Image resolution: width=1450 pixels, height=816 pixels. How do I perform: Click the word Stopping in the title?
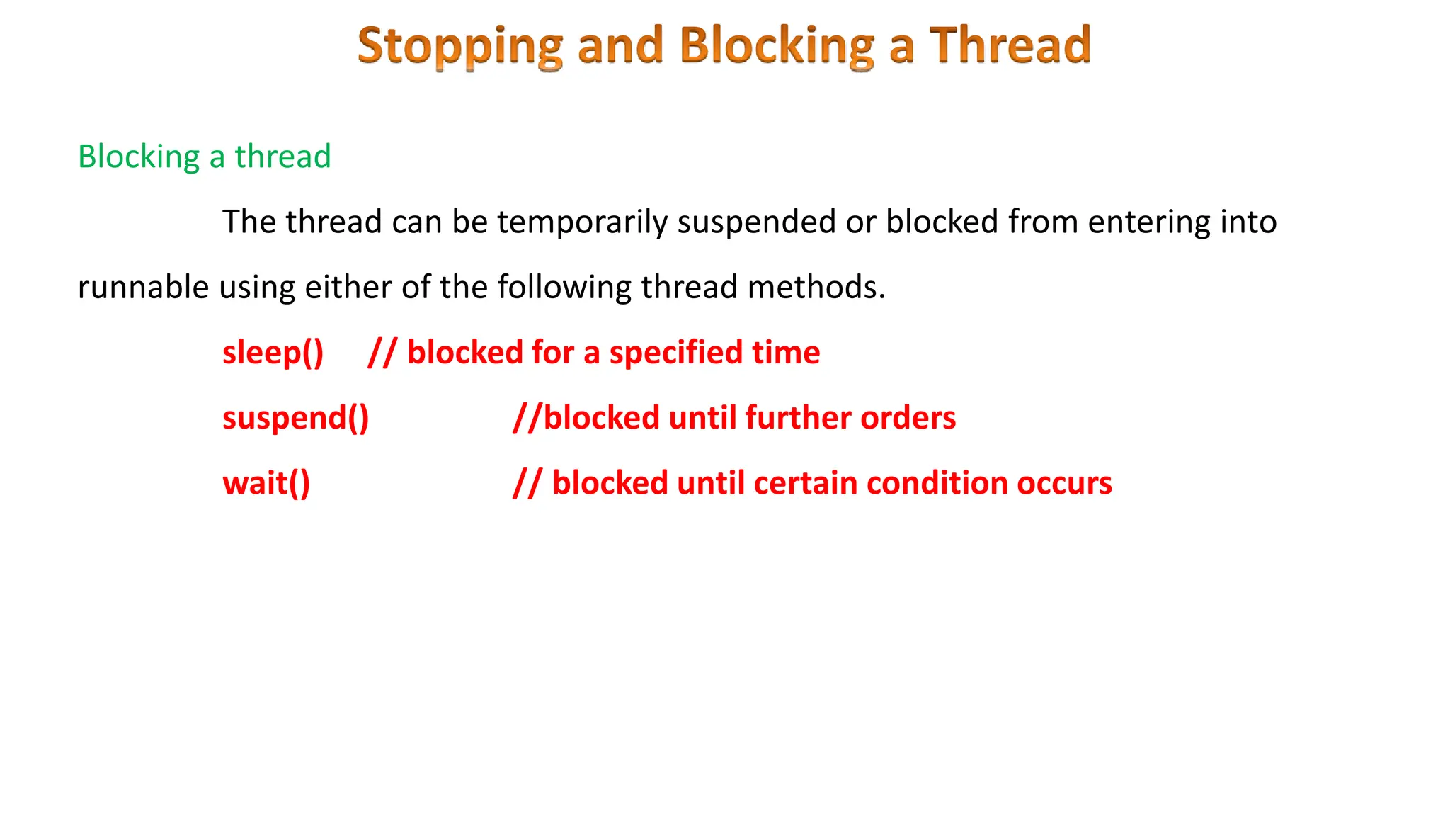(460, 46)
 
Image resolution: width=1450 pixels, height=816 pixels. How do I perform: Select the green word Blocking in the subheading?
(139, 157)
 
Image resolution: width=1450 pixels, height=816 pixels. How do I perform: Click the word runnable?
(143, 287)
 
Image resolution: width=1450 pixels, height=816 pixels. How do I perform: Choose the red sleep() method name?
(273, 352)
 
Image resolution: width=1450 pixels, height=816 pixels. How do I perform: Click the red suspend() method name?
(295, 417)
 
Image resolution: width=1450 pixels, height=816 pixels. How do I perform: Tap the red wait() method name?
(266, 483)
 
